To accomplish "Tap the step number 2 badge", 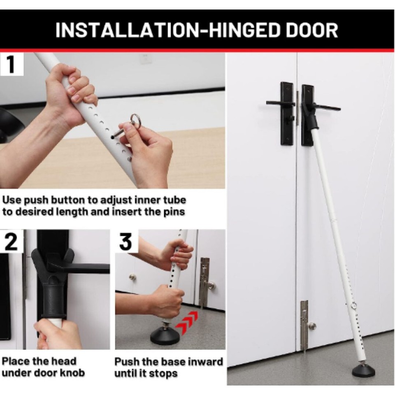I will (11, 242).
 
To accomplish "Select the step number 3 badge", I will (126, 242).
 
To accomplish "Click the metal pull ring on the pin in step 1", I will (136, 121).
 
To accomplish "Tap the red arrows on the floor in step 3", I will (187, 321).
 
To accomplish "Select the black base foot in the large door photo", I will (363, 370).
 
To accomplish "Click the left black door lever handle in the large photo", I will (280, 103).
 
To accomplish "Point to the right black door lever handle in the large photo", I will (325, 108).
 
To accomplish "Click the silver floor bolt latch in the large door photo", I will (304, 325).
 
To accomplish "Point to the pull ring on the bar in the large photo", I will (353, 306).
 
